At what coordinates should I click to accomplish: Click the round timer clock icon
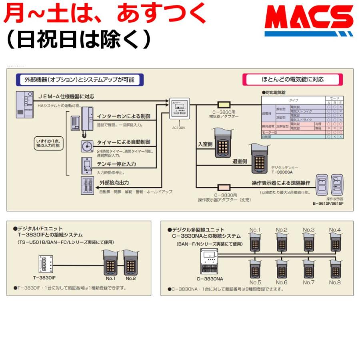click(x=87, y=146)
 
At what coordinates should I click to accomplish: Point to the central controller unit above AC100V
click(x=179, y=108)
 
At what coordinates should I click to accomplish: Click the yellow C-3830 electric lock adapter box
click(x=224, y=105)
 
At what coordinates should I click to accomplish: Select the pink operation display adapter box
click(x=224, y=187)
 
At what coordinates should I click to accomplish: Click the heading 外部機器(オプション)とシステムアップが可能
click(x=80, y=80)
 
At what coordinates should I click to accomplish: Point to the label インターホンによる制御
click(x=124, y=116)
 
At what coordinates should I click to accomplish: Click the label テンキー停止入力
click(x=116, y=164)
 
